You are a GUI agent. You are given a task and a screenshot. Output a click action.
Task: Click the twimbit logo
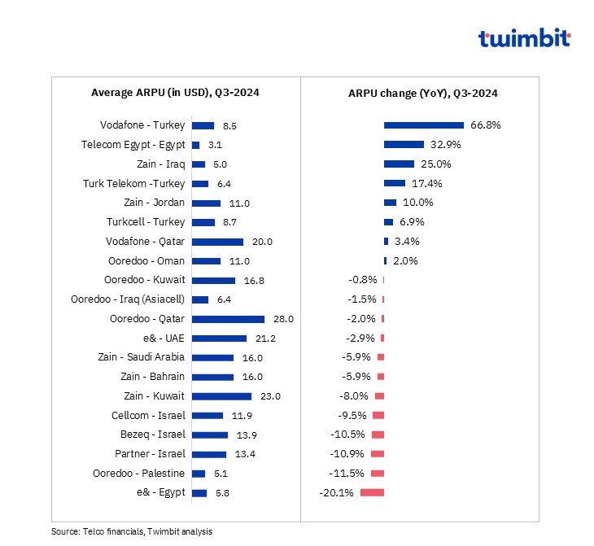(x=524, y=39)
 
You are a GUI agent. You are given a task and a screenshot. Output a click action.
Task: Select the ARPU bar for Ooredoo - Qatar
(x=228, y=319)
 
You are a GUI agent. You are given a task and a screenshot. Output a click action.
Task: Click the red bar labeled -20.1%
(x=372, y=492)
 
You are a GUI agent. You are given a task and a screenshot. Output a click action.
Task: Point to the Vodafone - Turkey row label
(x=142, y=125)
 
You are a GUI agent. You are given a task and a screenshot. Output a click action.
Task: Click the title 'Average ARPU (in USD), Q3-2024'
(x=175, y=94)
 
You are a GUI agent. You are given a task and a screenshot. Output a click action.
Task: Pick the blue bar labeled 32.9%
(x=404, y=144)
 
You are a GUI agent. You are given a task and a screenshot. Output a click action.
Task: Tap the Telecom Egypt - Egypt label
(x=133, y=145)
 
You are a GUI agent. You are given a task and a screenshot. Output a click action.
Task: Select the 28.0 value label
(x=283, y=319)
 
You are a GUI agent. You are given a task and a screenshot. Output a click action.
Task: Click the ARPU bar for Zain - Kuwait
(x=221, y=396)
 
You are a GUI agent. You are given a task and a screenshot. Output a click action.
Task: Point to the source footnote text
(x=131, y=531)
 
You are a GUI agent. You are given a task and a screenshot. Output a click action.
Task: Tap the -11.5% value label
(x=348, y=473)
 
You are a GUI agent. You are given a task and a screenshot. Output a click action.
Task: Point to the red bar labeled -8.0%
(x=379, y=396)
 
